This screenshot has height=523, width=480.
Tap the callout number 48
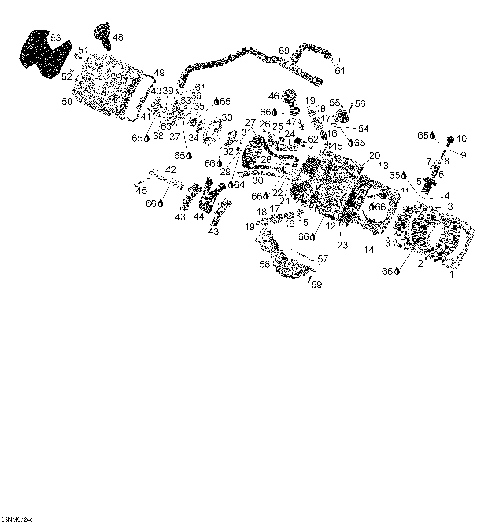[118, 37]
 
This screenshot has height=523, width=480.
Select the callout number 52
[66, 75]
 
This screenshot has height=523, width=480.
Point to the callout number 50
[66, 102]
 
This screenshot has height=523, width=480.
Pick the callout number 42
[171, 170]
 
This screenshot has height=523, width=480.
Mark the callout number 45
[141, 190]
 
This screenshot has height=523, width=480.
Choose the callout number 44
[199, 216]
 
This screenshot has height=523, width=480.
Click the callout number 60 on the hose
[284, 50]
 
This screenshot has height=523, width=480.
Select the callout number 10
[461, 139]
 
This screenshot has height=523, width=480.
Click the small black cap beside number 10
[450, 138]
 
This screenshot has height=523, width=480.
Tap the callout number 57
[323, 259]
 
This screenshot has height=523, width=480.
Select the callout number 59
[316, 285]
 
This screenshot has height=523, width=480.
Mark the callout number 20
[375, 156]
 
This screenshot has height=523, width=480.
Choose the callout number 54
[363, 129]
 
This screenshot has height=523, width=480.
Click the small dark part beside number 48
[102, 38]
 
